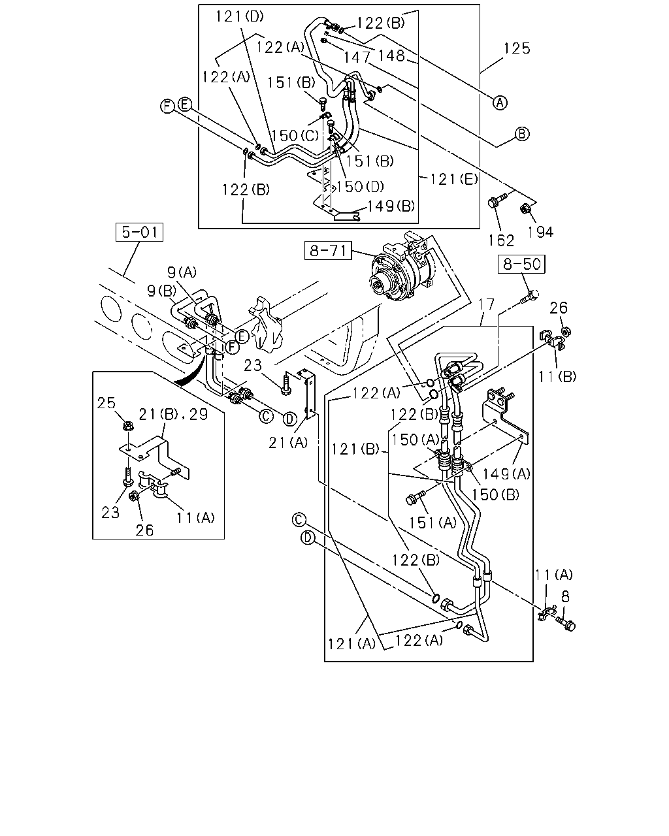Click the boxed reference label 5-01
coord(139,232)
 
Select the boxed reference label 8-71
coord(328,250)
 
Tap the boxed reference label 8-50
coord(521,264)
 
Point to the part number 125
coord(517,48)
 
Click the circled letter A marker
coord(500,103)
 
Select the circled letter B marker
coord(521,134)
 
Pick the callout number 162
coord(501,240)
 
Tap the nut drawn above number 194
coord(525,209)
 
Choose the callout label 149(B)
coord(391,206)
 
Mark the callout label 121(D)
coord(240,16)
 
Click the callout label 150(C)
coord(295,136)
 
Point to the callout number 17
coord(486,304)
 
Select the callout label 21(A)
coord(288,442)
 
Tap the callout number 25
coord(106,403)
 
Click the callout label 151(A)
coord(432,523)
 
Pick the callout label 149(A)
coord(506,474)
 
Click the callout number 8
coord(565,597)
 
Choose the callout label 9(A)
coord(182,272)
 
